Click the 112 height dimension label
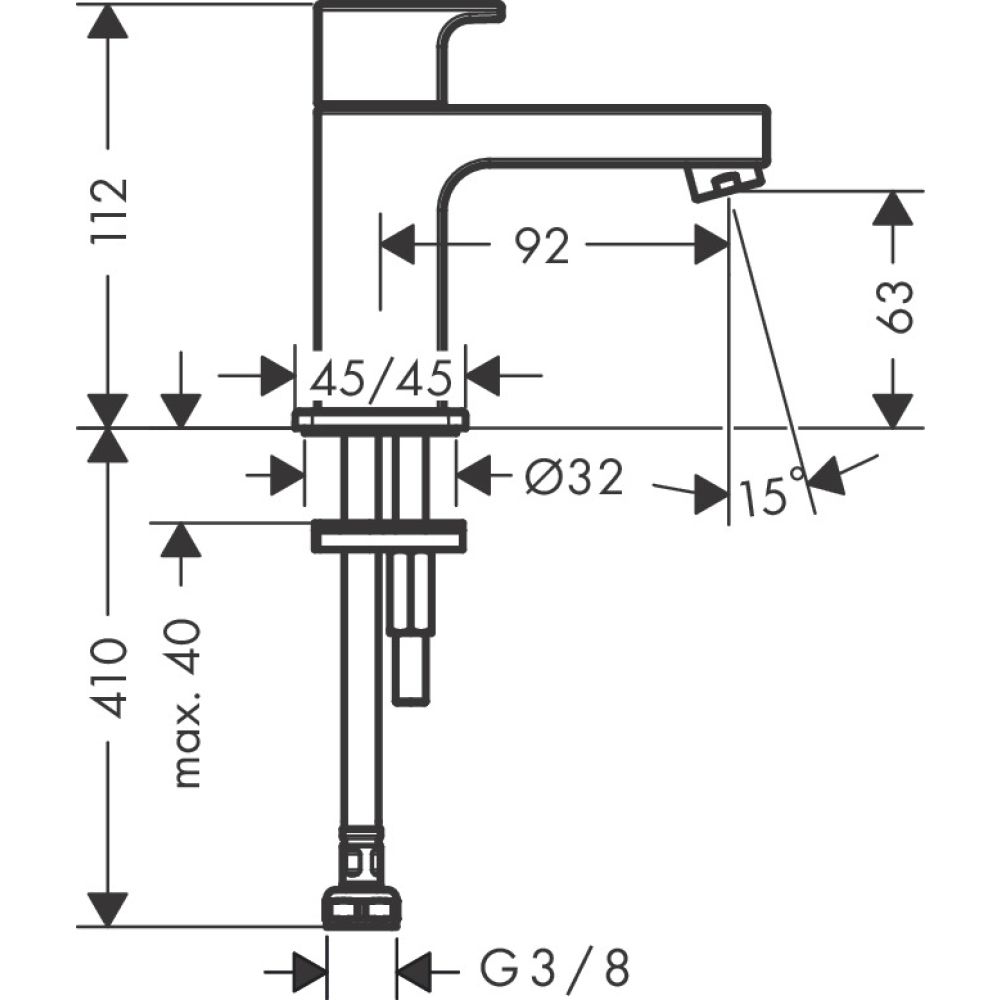click(108, 211)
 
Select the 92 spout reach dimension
click(544, 245)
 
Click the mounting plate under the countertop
click(388, 537)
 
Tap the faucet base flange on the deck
click(381, 421)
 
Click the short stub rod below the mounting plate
click(411, 630)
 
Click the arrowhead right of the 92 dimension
click(711, 244)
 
